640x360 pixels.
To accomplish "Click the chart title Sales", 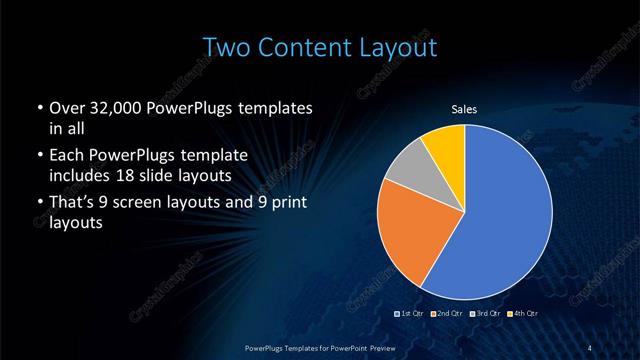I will (465, 109).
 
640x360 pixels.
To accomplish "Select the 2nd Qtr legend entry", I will (447, 314).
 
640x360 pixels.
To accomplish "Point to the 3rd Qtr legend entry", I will (484, 314).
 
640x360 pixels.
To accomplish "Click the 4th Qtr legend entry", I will (519, 314).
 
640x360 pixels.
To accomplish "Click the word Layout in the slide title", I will (399, 47).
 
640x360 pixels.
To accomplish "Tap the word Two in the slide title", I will (225, 47).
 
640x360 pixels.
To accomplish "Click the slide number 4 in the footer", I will (591, 347).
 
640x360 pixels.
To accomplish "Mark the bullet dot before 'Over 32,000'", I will (38, 109).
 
